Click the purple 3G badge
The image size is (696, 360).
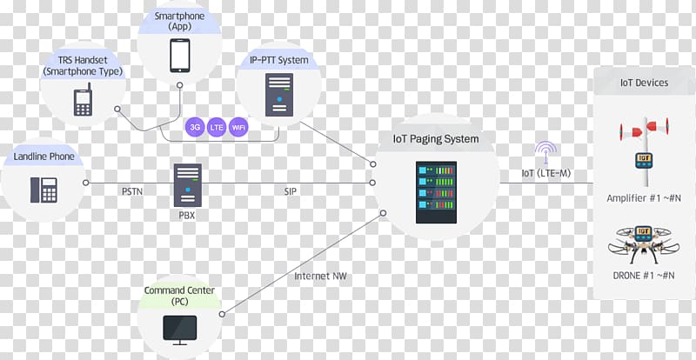point(195,127)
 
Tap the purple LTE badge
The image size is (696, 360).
point(217,127)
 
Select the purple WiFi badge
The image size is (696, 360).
point(238,127)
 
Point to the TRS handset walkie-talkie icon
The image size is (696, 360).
point(83,100)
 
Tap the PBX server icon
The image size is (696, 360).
point(187,184)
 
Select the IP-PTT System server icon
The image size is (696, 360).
point(278,94)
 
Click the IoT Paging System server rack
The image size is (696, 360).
point(436,192)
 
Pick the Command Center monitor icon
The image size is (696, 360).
point(181,328)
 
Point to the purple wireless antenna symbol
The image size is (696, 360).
point(546,152)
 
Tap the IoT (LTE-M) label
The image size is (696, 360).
point(546,173)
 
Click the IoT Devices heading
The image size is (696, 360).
point(644,83)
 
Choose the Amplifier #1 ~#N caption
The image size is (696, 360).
point(644,198)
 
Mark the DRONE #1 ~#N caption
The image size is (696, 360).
point(645,274)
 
